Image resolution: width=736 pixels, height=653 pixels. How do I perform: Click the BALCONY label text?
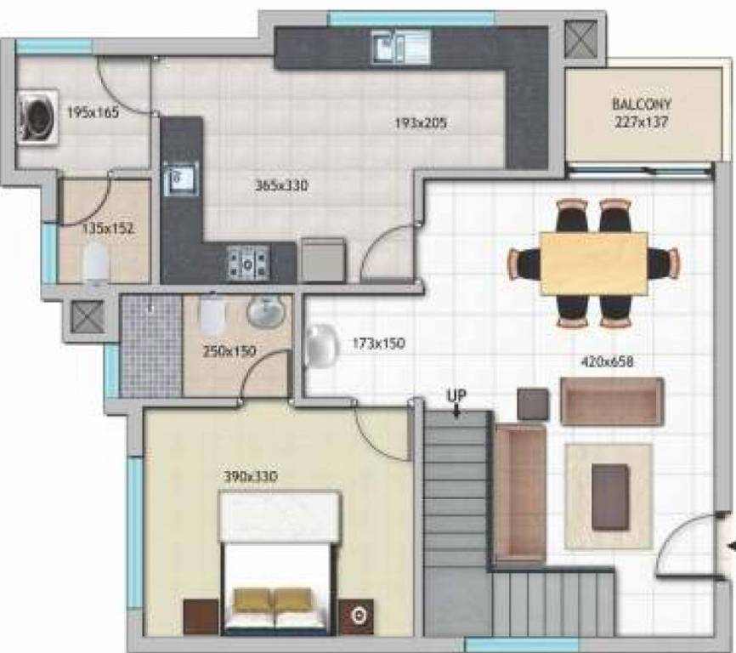tap(641, 104)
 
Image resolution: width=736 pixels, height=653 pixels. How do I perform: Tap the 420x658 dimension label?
tap(606, 361)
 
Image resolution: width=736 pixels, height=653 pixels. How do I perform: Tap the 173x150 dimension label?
tap(378, 344)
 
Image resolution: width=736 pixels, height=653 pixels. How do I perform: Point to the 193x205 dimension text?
tap(420, 123)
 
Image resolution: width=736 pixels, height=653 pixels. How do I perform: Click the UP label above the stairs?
tap(457, 396)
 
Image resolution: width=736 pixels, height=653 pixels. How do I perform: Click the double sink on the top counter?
tap(401, 47)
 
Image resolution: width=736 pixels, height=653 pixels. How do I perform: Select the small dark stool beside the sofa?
tap(534, 403)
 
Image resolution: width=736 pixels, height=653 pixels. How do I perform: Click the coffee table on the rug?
tap(609, 496)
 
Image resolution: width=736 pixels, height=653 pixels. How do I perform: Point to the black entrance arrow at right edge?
tap(729, 547)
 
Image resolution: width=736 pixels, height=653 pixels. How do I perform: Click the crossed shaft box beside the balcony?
tap(584, 38)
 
